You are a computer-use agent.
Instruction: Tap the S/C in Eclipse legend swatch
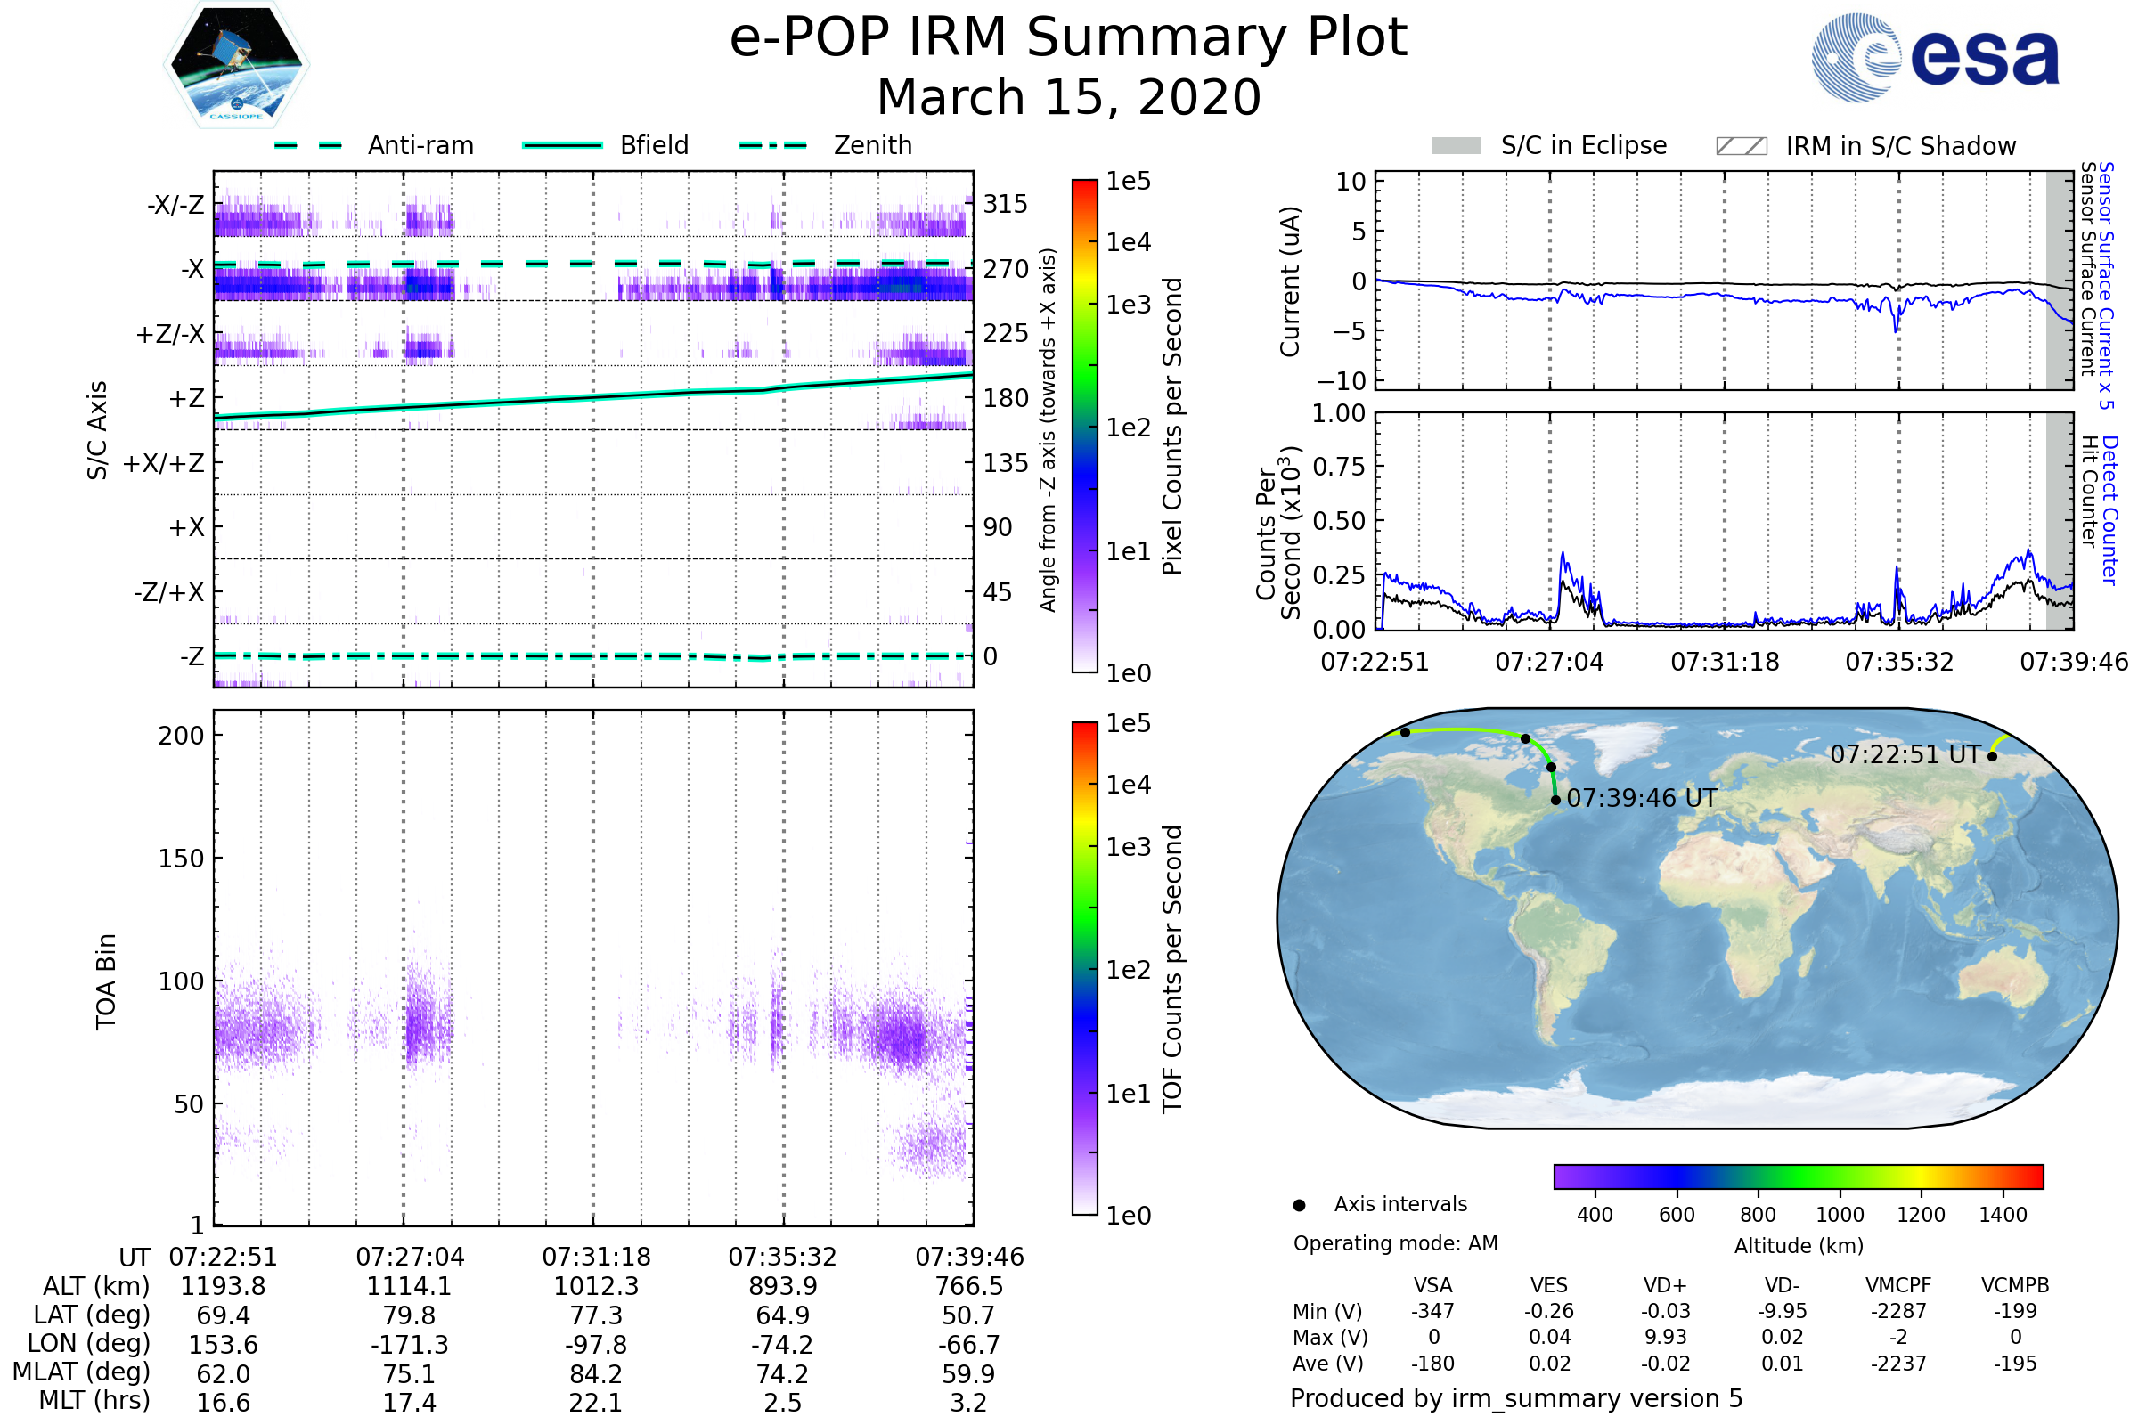point(1456,146)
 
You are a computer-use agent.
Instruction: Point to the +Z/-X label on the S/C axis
point(170,335)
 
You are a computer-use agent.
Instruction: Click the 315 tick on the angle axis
point(1005,205)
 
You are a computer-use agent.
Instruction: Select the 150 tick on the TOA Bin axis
point(181,859)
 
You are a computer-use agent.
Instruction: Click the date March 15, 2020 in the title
point(1068,97)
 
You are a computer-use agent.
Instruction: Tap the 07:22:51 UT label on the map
point(1905,754)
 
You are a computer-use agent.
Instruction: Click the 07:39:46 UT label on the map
point(1642,798)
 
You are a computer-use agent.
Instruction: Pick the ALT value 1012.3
point(596,1287)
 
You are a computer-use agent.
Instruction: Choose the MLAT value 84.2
point(596,1374)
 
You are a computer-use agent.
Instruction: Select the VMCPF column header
point(1898,1286)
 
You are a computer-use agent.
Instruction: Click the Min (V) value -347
point(1432,1311)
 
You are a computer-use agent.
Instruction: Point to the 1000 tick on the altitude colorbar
point(1839,1215)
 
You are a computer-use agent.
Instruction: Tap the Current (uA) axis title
point(1290,281)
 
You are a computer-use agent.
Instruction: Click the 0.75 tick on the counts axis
point(1338,467)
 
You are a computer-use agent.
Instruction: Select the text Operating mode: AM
point(1395,1243)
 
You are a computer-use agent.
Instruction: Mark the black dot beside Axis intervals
point(1299,1205)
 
